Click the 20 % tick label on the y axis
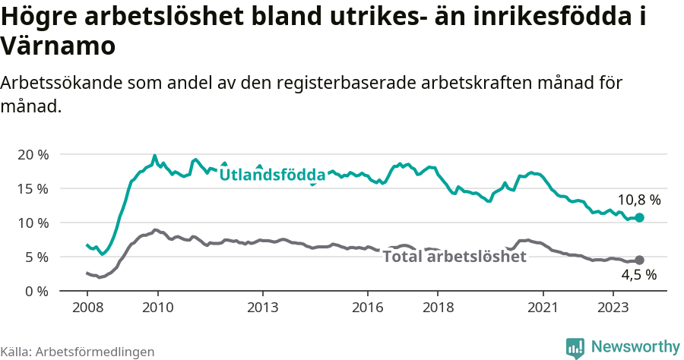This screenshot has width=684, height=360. (33, 154)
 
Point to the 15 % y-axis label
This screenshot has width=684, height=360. (33, 188)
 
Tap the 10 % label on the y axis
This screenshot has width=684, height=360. (33, 223)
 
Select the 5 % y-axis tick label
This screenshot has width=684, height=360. (36, 257)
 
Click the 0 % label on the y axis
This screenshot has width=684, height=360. (36, 291)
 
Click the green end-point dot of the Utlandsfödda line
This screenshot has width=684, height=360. (639, 217)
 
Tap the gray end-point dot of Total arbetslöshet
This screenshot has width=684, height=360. (639, 260)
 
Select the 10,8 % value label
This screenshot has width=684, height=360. (638, 200)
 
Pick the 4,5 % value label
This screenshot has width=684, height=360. (638, 276)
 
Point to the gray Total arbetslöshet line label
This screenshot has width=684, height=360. (454, 257)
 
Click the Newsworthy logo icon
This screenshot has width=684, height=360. (575, 347)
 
